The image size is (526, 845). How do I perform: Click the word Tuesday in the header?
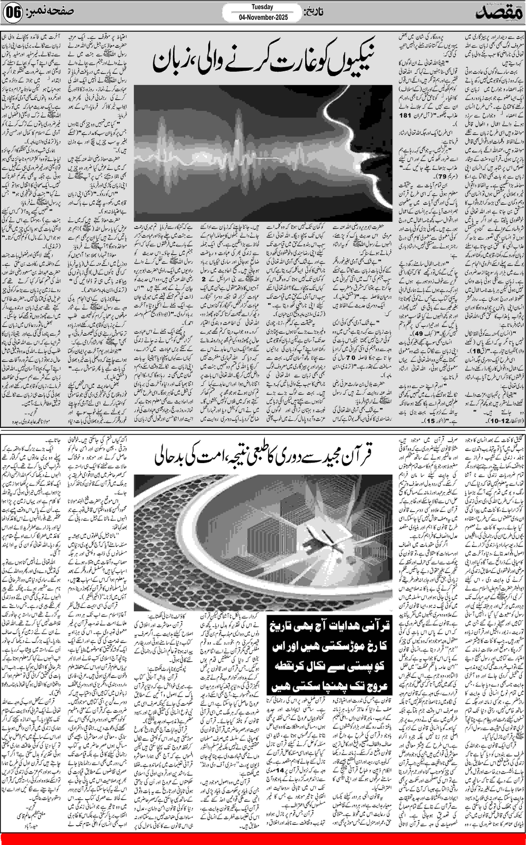click(262, 7)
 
